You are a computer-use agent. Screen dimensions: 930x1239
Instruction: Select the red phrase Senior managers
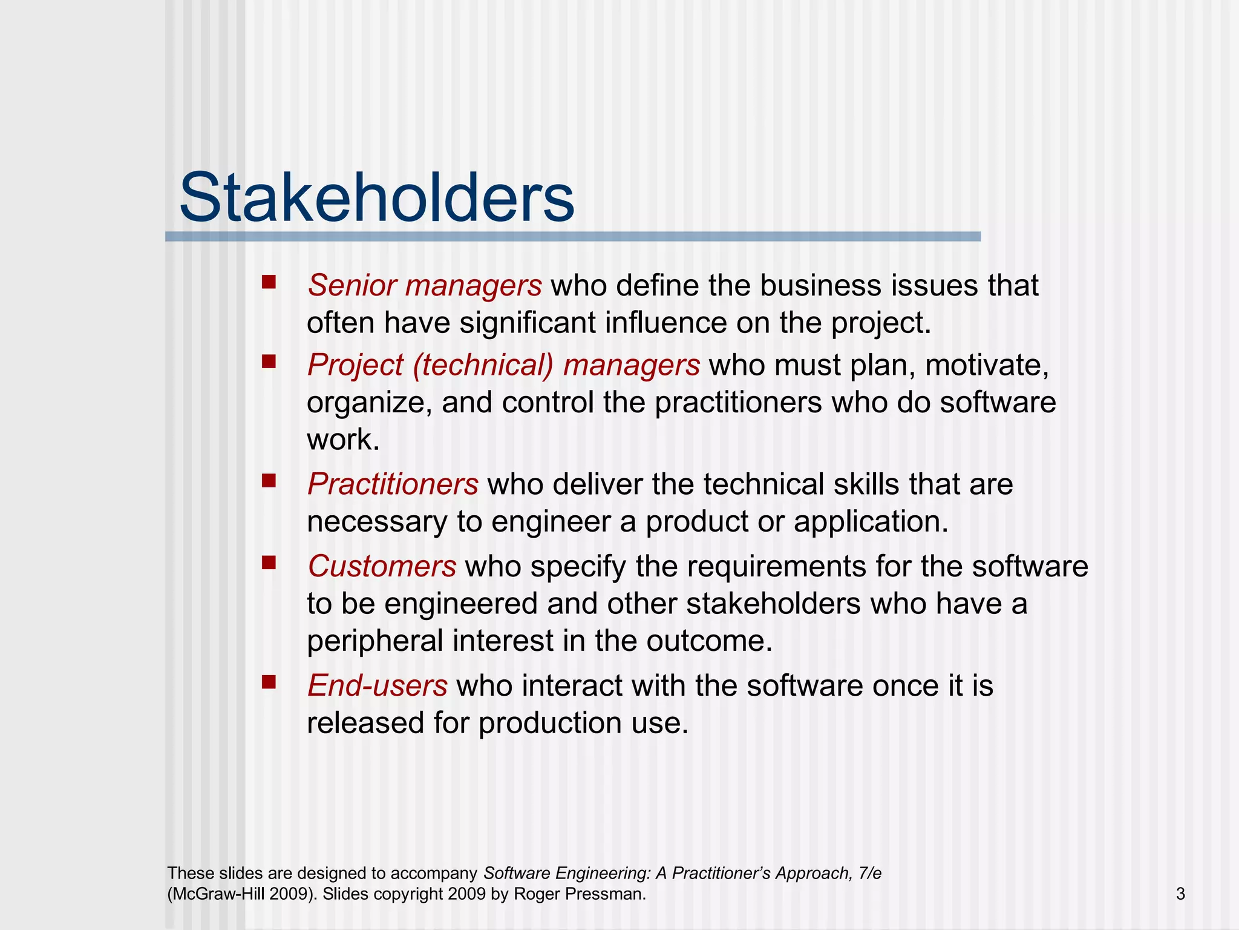click(424, 285)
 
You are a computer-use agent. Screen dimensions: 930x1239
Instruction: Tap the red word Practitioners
click(393, 484)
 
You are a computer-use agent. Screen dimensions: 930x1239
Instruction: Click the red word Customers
click(382, 567)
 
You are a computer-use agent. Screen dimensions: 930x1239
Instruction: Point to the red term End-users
click(377, 686)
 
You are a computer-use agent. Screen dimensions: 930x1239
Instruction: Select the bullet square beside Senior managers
click(269, 282)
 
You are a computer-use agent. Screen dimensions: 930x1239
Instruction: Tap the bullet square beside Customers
click(269, 563)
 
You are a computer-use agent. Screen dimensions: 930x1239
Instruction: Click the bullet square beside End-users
click(269, 682)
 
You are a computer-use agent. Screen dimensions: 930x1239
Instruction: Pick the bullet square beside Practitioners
click(269, 481)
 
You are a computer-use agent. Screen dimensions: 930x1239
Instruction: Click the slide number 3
click(1180, 894)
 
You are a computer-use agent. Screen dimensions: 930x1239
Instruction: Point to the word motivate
click(986, 366)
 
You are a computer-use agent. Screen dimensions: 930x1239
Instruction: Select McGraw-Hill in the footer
click(218, 894)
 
